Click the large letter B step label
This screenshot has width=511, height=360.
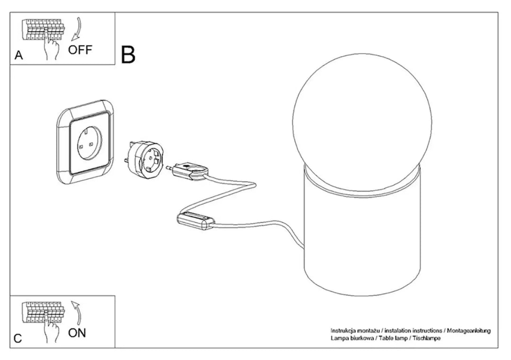click(x=128, y=54)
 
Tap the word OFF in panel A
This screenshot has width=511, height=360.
click(x=80, y=50)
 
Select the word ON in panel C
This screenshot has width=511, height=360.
click(x=77, y=333)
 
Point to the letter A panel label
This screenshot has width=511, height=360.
click(x=19, y=55)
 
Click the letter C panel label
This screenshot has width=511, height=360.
click(x=18, y=338)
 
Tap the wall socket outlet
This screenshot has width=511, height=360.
click(x=85, y=142)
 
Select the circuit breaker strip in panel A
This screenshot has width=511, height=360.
click(x=44, y=29)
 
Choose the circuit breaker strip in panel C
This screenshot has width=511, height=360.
click(x=44, y=312)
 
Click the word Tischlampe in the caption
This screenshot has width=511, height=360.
click(x=427, y=338)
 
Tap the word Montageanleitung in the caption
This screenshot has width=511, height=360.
click(x=468, y=331)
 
